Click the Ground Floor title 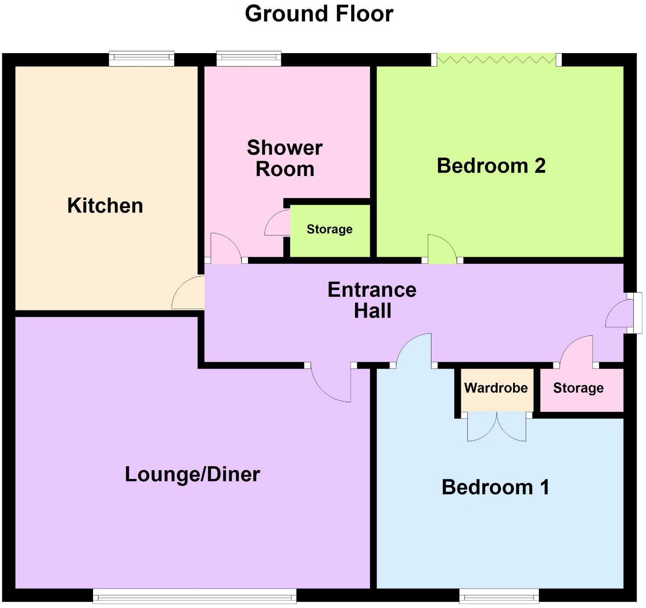(319, 14)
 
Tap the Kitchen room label (105, 205)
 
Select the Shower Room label (285, 158)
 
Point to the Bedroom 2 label (491, 166)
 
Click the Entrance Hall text (372, 300)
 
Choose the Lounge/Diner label (192, 475)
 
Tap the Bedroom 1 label (495, 487)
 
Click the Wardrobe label (496, 388)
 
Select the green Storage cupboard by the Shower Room (330, 230)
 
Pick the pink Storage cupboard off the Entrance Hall (578, 388)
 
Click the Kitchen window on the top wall (141, 58)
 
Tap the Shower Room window (249, 58)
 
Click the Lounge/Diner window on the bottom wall (194, 596)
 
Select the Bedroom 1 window (499, 596)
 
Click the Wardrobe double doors (496, 427)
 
